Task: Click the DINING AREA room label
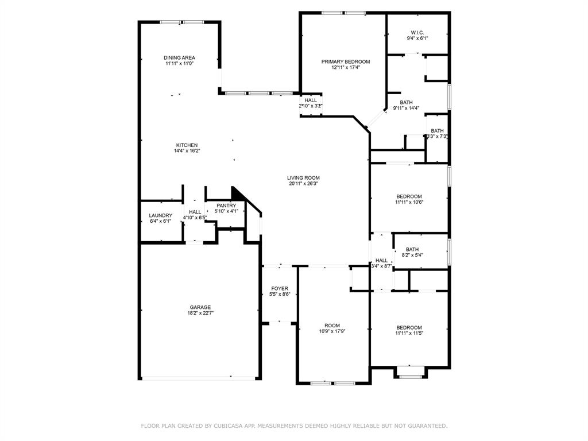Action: pos(179,57)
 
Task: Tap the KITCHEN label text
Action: pos(187,145)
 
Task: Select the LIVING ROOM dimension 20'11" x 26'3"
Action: pos(303,184)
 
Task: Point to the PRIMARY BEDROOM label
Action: pos(345,61)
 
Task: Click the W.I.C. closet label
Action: pos(417,32)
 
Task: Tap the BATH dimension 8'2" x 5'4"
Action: pos(412,256)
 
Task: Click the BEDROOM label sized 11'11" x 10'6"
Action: pos(408,196)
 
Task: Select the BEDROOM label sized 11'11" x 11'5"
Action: pos(408,327)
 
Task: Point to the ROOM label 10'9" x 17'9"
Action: pos(332,325)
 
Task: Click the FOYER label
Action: pos(280,288)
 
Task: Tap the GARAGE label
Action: pos(200,307)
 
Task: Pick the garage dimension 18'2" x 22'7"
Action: pos(200,314)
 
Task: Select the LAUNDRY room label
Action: pos(160,215)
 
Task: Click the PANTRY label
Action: pos(226,206)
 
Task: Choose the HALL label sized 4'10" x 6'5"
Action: pos(195,212)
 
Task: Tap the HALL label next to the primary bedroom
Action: pos(311,100)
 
